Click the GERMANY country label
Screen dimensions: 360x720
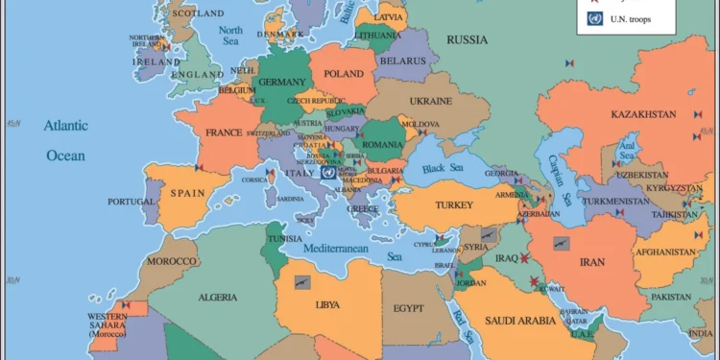[281, 83]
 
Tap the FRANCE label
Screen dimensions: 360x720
[222, 133]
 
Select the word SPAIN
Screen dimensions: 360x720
[188, 192]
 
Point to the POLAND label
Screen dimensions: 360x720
[345, 74]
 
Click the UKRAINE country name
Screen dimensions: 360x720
[430, 101]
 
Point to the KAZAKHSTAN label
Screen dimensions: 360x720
[642, 115]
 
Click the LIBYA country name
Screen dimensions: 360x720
[326, 305]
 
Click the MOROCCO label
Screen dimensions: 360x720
[172, 261]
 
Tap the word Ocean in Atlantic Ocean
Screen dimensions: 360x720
[66, 156]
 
